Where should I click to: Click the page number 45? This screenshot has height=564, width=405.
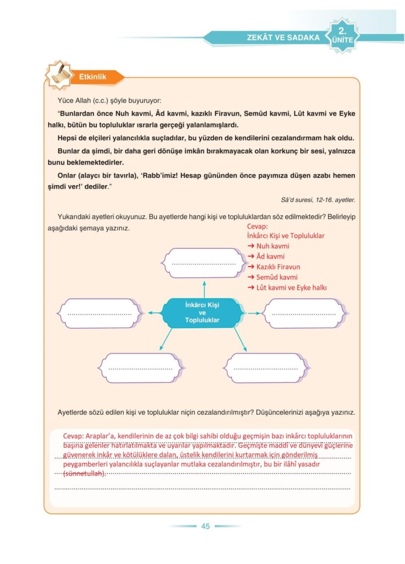205,526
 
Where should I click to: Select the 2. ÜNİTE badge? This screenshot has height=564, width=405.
342,35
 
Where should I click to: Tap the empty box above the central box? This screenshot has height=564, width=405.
204,263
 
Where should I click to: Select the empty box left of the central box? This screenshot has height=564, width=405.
100,313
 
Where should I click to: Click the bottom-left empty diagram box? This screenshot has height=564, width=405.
140,367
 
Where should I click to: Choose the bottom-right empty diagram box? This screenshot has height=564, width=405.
265,367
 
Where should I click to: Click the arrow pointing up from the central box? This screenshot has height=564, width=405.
204,289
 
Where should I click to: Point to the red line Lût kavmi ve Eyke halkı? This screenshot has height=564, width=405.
291,288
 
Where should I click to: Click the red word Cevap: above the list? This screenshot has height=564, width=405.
258,226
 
